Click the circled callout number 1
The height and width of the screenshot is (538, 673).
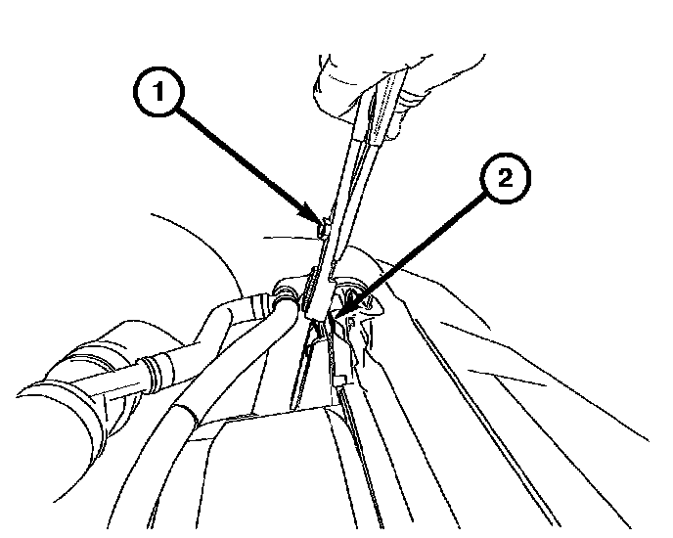coord(159,91)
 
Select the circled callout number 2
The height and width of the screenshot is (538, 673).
coord(505,178)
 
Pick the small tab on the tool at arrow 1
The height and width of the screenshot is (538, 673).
coord(323,228)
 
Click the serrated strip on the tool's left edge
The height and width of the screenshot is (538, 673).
coord(310,288)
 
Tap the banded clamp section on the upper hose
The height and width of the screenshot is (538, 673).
coord(256,306)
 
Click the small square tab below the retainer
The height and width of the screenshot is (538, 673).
coord(339,380)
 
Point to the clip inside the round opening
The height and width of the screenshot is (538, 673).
coord(352,297)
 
